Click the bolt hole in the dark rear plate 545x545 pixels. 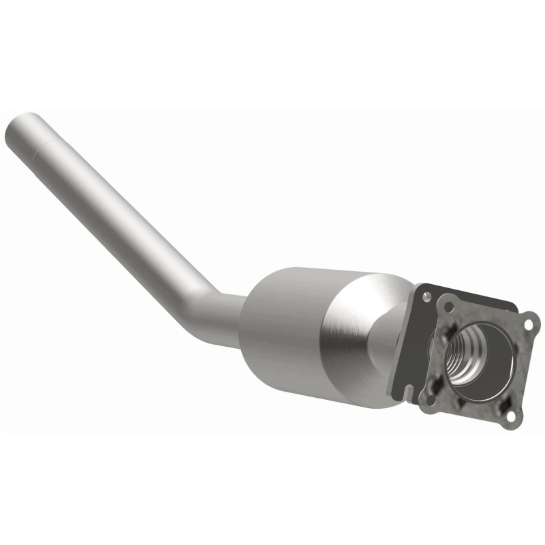(427, 297)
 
